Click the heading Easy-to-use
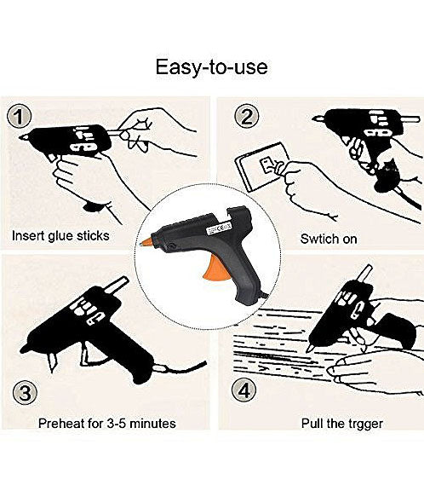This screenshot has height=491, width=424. [x=212, y=66]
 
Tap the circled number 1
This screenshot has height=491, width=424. [x=22, y=117]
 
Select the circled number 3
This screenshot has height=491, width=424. [x=26, y=394]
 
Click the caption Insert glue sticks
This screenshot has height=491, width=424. [x=60, y=235]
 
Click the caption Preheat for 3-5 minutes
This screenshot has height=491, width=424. [x=107, y=423]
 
